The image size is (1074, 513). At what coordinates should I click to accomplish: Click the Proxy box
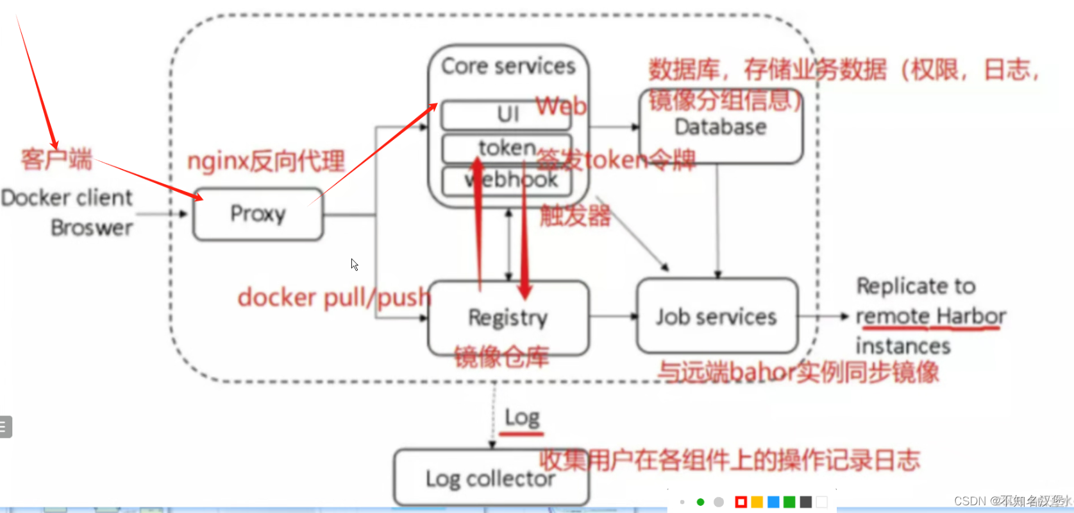258,214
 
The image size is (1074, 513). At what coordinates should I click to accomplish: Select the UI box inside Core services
507,115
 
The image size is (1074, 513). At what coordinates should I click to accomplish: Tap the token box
506,148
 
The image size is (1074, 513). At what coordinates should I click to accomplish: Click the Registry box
508,317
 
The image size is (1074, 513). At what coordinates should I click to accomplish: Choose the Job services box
716,316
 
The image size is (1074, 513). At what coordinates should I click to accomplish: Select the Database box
720,127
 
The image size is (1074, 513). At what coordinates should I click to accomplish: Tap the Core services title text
508,66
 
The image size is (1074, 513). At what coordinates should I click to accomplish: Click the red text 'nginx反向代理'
266,161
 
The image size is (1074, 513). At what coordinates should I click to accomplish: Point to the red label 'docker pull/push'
333,298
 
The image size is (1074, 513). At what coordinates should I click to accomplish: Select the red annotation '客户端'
56,159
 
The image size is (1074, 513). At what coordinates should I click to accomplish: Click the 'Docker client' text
67,198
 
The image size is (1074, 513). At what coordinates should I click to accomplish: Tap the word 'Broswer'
92,228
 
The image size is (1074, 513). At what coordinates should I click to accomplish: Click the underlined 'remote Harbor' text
930,316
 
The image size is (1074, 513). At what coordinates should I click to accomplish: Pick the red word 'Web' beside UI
561,106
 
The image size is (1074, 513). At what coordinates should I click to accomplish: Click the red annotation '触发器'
575,216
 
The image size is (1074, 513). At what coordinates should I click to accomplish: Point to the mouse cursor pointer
354,264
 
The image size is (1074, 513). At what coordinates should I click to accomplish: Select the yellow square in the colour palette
757,502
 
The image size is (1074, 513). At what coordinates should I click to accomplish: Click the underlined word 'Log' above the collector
522,418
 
